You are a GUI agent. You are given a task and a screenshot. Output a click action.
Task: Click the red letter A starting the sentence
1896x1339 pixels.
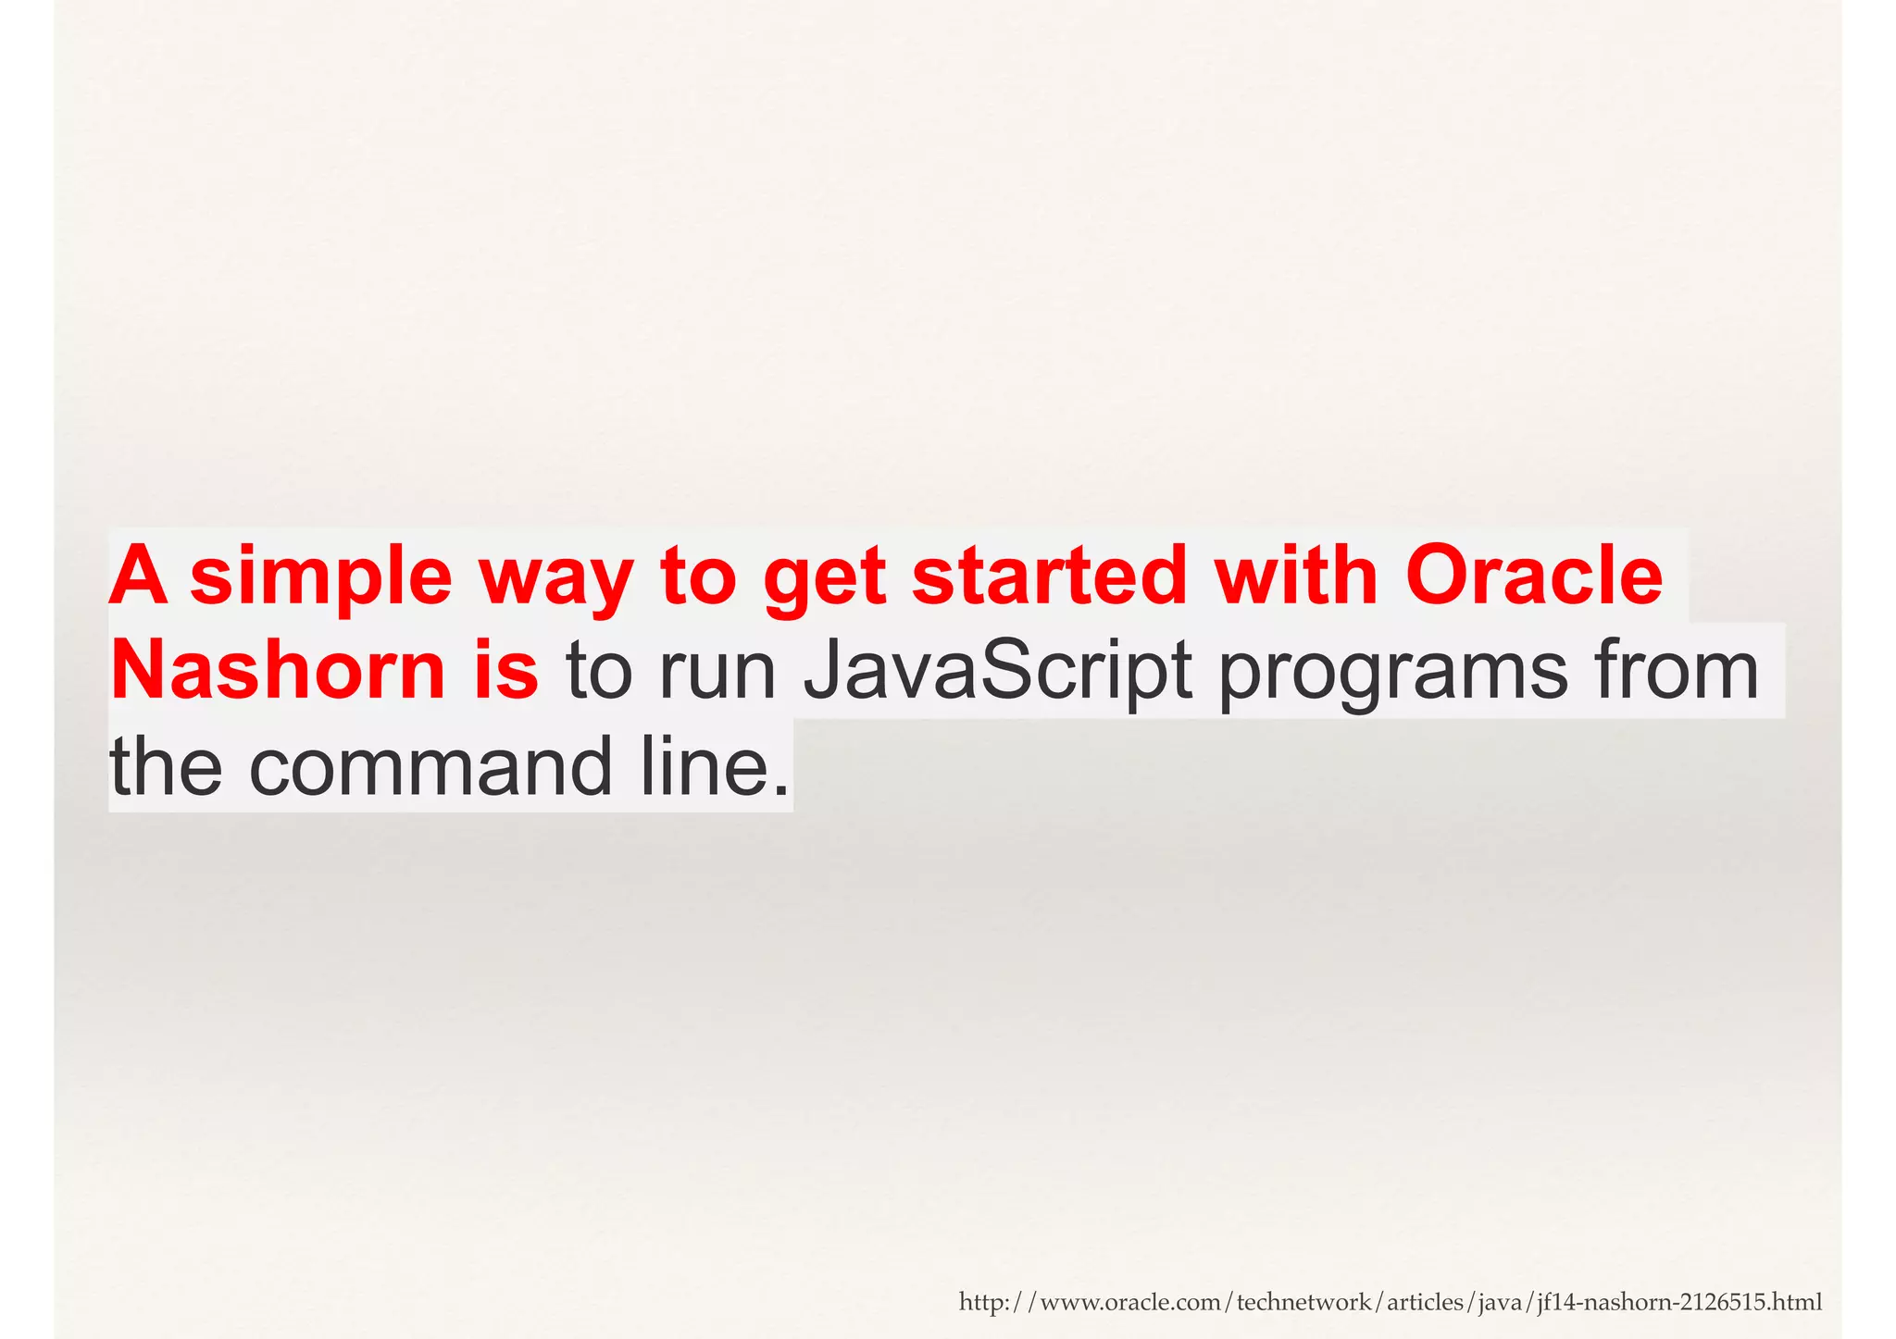point(139,576)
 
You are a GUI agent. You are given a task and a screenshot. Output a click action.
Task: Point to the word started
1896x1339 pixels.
point(1049,576)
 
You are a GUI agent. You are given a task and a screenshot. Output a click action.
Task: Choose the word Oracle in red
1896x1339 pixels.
point(1534,576)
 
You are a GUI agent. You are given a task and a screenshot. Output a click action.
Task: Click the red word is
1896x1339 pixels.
point(505,670)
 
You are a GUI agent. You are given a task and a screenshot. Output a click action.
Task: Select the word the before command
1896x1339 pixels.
point(166,766)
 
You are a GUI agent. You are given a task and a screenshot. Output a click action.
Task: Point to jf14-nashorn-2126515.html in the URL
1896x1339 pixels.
point(1678,1303)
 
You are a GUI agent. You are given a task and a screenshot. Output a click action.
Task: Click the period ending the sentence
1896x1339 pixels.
point(782,791)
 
